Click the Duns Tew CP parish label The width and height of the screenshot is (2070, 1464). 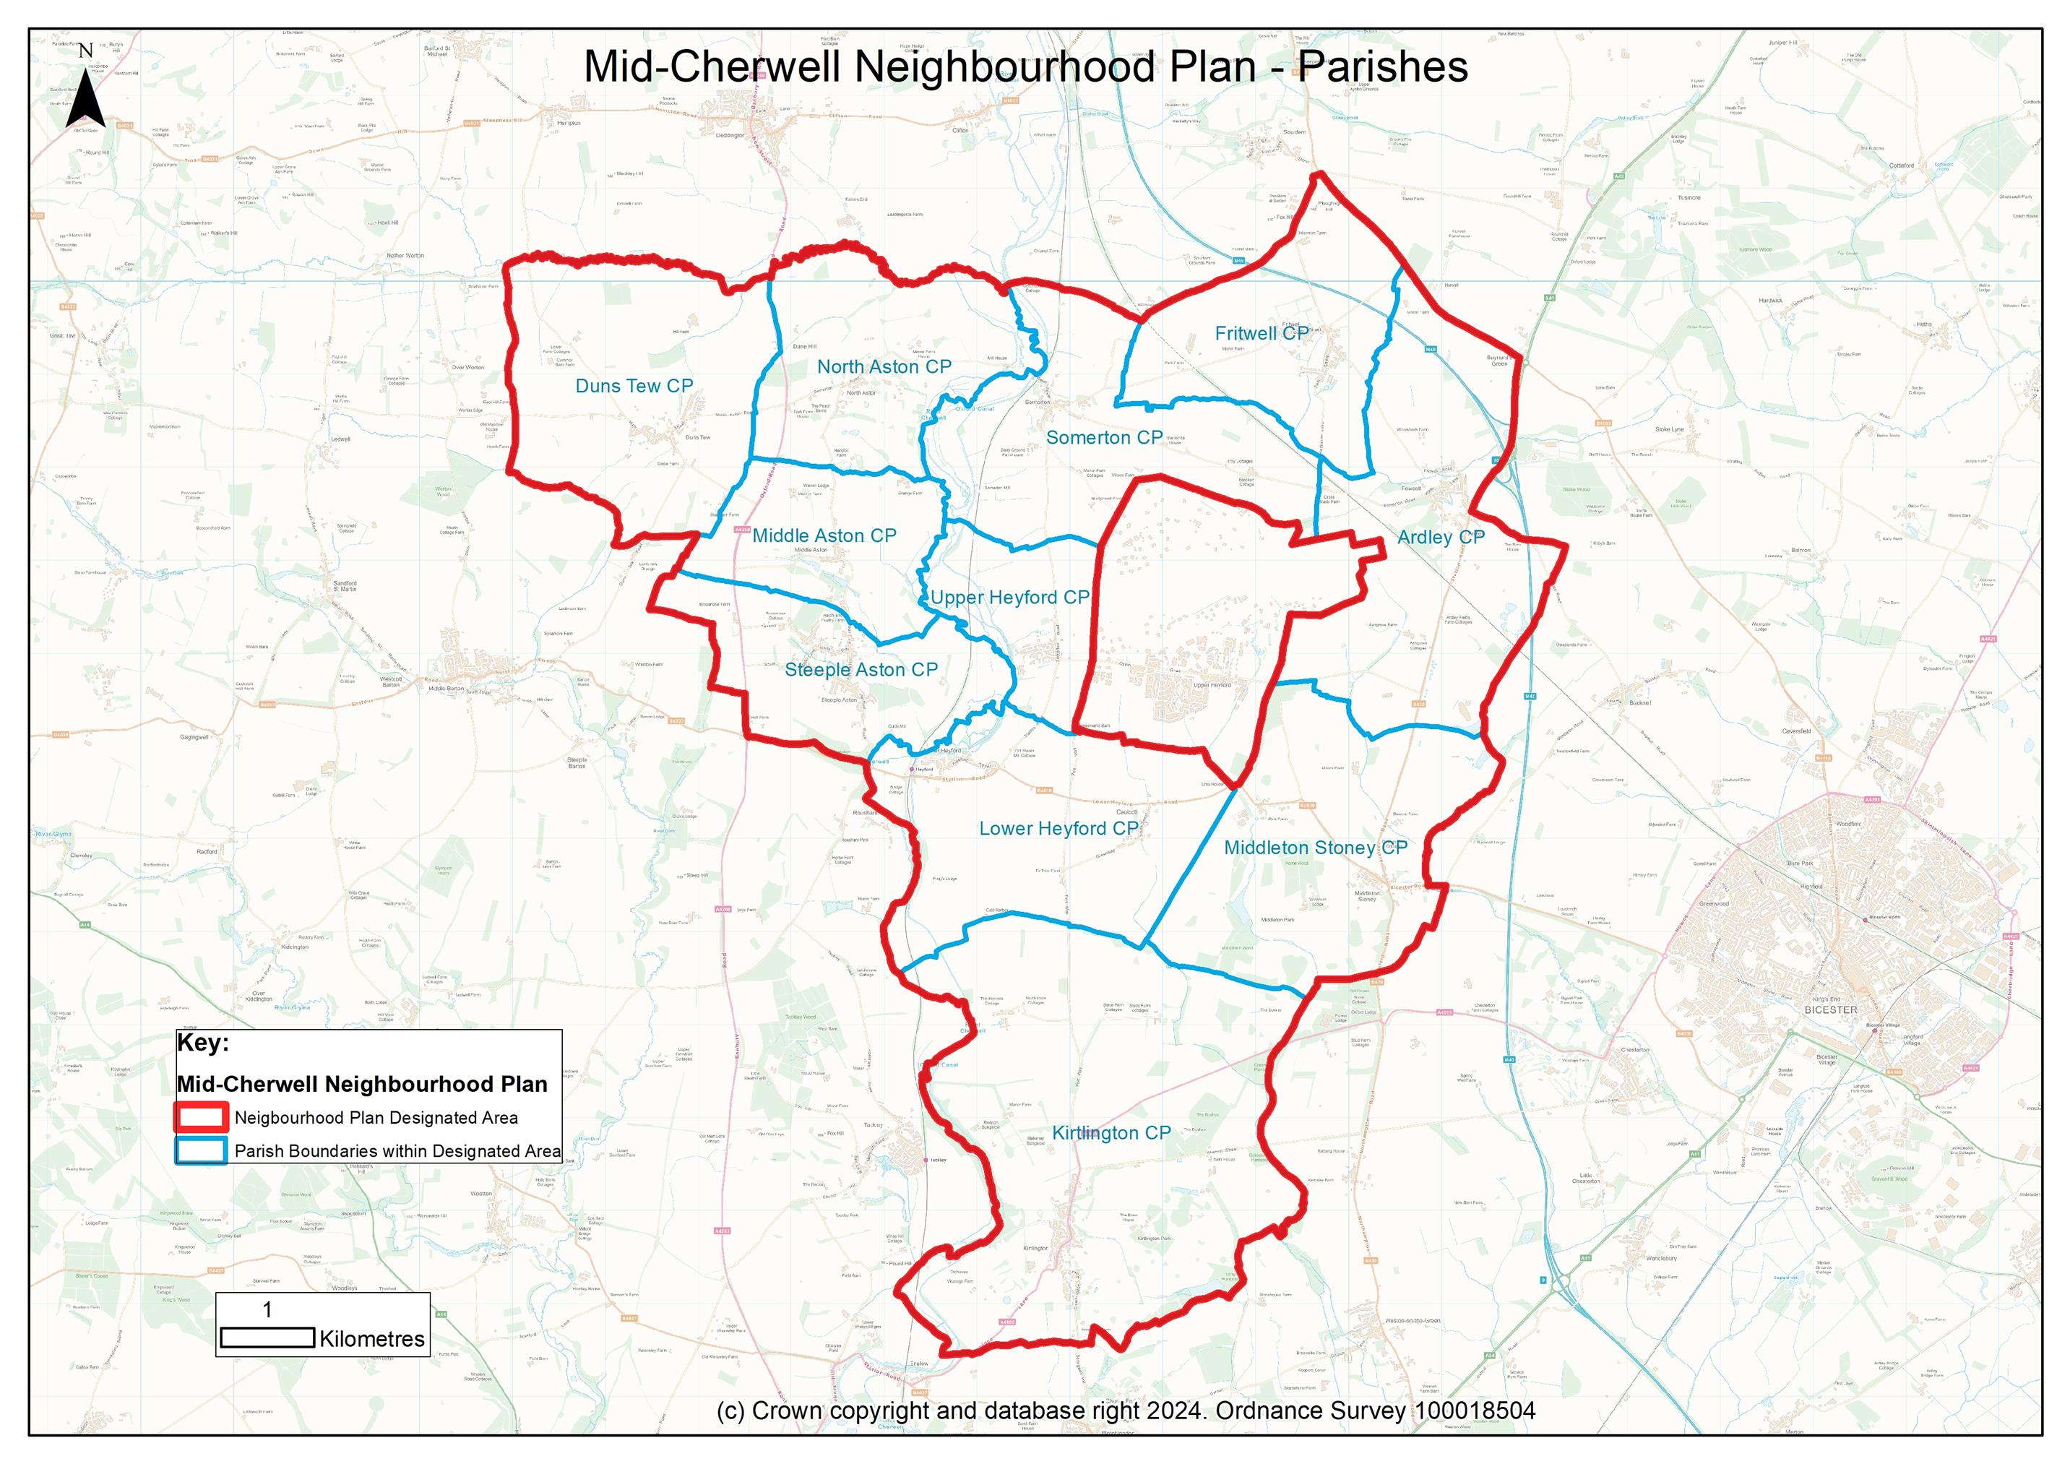634,386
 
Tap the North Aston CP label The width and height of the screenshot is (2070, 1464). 884,367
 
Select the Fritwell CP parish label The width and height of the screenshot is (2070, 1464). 1262,334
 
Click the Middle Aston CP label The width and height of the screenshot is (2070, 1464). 824,535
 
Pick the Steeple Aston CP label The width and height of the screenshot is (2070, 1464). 861,670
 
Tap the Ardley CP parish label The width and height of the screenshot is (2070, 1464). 1440,538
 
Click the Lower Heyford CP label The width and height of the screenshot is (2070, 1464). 1058,828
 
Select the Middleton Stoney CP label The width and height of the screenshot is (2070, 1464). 1314,848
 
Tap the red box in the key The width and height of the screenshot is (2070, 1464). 201,1118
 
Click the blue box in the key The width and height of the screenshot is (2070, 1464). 201,1151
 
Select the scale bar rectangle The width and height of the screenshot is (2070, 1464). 267,1338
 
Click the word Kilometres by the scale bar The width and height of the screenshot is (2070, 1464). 371,1340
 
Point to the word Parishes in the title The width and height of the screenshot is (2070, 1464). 1382,68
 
